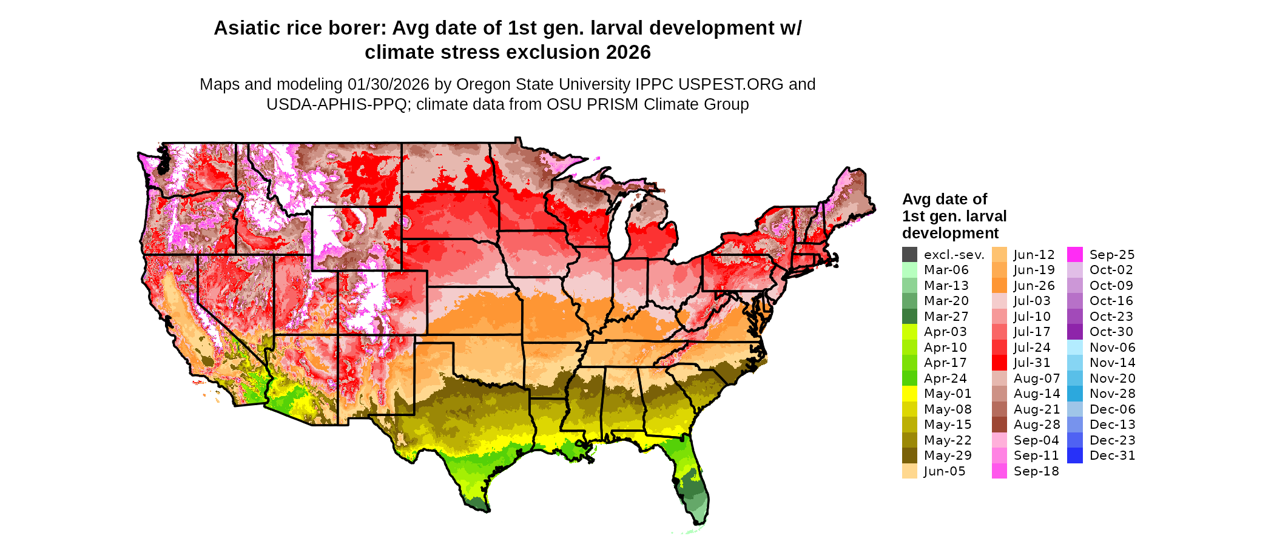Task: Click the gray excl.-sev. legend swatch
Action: [909, 255]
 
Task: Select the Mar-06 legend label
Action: [946, 270]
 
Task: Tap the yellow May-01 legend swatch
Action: [909, 394]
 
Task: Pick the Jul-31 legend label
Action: [1032, 363]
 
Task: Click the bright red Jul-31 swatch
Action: [999, 363]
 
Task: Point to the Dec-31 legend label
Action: [1112, 455]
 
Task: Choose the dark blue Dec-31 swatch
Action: [1074, 455]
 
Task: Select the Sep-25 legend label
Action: [1112, 255]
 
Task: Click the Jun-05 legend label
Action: [945, 471]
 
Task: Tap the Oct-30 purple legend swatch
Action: [1074, 332]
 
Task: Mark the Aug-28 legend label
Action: [1037, 425]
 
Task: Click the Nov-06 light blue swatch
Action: [1074, 348]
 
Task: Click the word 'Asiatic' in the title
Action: [246, 29]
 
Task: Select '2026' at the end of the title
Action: [628, 53]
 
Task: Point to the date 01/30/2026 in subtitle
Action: [388, 84]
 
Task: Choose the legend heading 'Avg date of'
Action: [944, 200]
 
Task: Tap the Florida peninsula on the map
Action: [695, 485]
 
